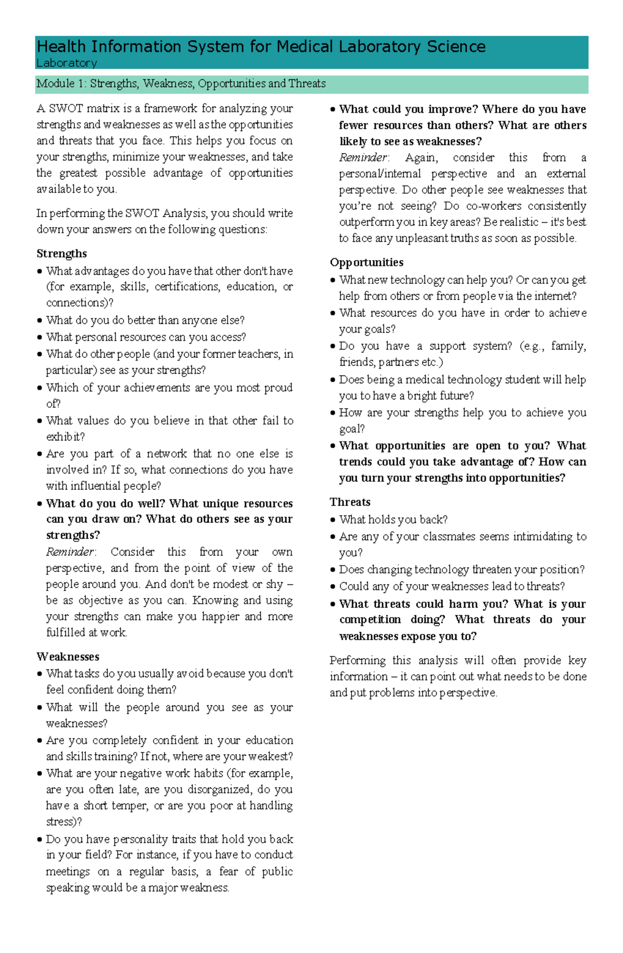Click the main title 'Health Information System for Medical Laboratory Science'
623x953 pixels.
pyautogui.click(x=261, y=47)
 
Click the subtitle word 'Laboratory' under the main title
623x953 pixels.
pyautogui.click(x=66, y=63)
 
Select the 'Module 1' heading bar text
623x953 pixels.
pyautogui.click(x=181, y=84)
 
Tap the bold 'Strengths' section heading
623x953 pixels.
pyautogui.click(x=61, y=253)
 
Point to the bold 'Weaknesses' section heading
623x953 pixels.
pyautogui.click(x=67, y=656)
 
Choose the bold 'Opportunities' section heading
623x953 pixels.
pyautogui.click(x=367, y=262)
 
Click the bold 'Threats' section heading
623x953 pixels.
pyautogui.click(x=350, y=502)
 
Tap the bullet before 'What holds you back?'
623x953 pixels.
pyautogui.click(x=333, y=520)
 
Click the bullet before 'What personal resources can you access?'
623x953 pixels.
pyautogui.click(x=40, y=338)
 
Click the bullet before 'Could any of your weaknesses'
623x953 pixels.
pyautogui.click(x=333, y=587)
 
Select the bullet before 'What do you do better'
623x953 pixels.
pyautogui.click(x=40, y=321)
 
